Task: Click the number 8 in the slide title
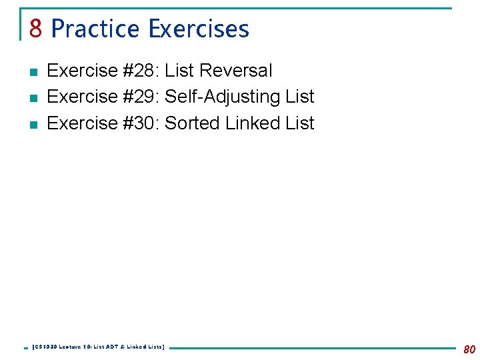36,29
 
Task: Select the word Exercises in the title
199,29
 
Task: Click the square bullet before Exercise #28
33,71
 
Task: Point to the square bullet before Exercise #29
33,97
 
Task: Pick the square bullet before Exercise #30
33,124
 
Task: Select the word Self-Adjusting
222,97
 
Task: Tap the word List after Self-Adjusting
299,97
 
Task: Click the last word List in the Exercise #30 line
299,123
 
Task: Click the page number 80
469,349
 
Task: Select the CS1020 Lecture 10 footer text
98,347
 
